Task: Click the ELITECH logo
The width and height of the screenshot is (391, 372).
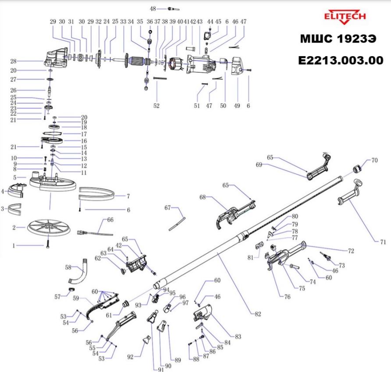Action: (345, 17)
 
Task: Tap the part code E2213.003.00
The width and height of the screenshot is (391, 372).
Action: (340, 60)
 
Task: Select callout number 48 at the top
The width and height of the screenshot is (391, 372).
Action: (153, 9)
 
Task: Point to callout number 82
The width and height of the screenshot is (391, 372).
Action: (258, 314)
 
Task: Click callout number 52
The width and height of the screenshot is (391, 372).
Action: (156, 106)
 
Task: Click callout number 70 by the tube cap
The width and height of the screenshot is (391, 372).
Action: (374, 160)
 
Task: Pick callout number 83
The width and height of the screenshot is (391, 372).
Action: (238, 337)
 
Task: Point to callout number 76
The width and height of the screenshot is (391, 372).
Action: (287, 297)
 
